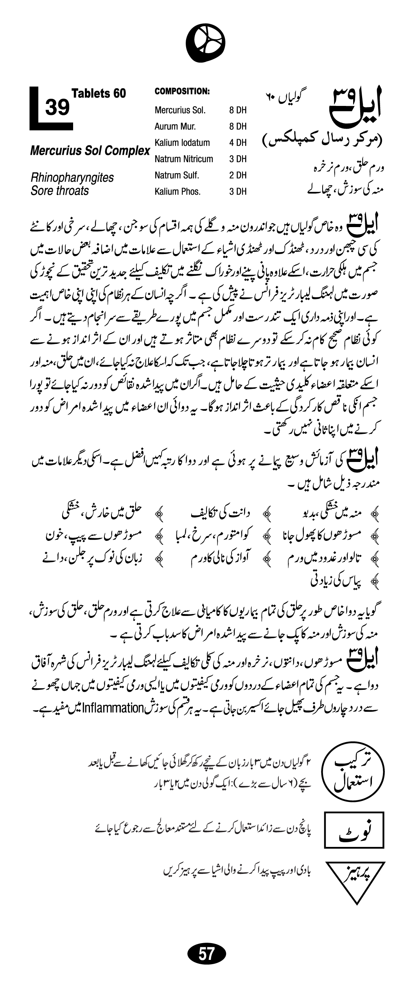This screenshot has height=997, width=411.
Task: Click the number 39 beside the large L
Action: click(57, 107)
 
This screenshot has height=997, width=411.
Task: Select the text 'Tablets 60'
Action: click(99, 93)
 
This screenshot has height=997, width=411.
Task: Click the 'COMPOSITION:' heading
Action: click(183, 91)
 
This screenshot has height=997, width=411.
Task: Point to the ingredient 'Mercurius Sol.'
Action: click(180, 110)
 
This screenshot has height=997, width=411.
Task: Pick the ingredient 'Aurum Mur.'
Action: click(175, 126)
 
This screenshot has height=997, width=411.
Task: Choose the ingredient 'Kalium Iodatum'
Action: click(182, 143)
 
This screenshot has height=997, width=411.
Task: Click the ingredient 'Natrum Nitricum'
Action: click(184, 159)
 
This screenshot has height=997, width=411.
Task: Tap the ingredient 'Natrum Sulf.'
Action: click(177, 175)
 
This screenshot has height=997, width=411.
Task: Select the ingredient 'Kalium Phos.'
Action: click(178, 192)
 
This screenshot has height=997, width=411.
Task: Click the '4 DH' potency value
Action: click(238, 143)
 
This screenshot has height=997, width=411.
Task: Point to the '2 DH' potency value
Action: click(238, 175)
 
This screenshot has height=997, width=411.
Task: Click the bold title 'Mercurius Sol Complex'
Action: click(90, 151)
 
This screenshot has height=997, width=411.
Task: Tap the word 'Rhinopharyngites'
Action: click(72, 177)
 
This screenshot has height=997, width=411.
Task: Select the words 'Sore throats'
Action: click(60, 191)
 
